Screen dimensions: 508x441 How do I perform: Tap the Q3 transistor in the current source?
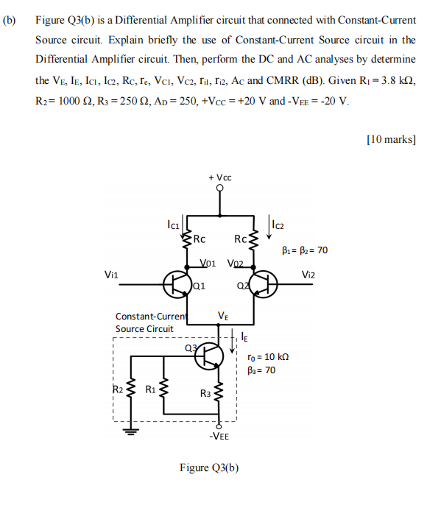pos(211,356)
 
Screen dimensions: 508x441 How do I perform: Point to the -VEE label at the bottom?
pos(219,436)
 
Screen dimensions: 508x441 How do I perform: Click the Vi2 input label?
pos(310,273)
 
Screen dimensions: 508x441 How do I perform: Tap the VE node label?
pos(223,316)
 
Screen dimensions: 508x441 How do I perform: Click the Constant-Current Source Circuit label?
pos(149,322)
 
